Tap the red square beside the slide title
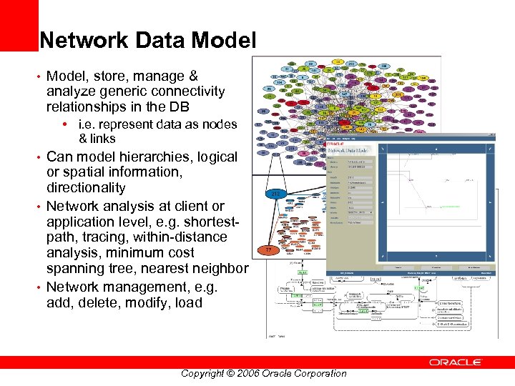click(x=19, y=26)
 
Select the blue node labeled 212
click(x=275, y=193)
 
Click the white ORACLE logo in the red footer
click(x=455, y=362)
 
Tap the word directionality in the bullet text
click(x=86, y=188)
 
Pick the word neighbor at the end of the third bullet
click(x=218, y=269)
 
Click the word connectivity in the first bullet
click(x=187, y=91)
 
